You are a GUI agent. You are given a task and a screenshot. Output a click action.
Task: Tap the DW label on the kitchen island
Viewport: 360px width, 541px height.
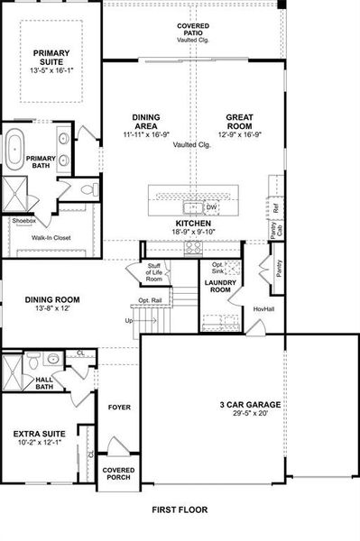[x=210, y=206]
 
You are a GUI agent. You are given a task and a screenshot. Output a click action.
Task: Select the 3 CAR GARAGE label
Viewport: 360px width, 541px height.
[x=250, y=404]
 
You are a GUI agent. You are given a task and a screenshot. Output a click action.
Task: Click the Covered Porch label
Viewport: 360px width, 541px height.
[x=118, y=473]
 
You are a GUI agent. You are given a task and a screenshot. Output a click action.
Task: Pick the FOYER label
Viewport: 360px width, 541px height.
[x=119, y=407]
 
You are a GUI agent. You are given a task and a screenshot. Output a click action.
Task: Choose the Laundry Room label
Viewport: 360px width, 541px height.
[x=219, y=287]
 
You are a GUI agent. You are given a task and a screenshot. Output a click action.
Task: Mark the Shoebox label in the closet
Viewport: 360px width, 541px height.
[x=23, y=220]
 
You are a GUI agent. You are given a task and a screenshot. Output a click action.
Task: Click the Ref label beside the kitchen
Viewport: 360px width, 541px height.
[x=276, y=206]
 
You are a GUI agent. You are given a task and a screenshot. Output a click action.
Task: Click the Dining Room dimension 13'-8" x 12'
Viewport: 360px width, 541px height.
[x=57, y=308]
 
